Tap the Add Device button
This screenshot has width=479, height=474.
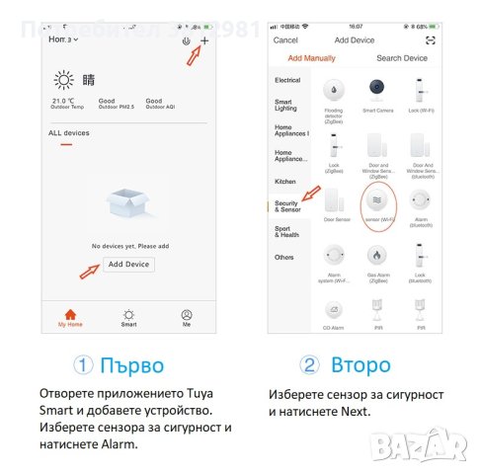pos(128,265)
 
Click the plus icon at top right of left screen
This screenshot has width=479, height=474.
pos(205,40)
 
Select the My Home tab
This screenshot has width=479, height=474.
pos(69,317)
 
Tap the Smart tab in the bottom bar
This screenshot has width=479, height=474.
pos(128,317)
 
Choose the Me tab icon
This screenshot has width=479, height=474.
pos(187,317)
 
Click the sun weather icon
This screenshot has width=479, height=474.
pos(64,81)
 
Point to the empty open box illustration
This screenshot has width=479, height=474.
pos(128,210)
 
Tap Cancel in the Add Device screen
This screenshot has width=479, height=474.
pos(285,40)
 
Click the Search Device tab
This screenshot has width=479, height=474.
pos(401,58)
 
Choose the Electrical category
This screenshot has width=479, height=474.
pos(287,80)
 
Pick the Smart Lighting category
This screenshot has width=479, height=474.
pos(284,106)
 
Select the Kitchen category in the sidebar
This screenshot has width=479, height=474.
pos(285,182)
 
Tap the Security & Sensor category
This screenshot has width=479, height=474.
pos(287,206)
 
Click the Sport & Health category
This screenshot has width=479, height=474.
pos(286,232)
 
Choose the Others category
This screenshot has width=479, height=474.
pos(284,258)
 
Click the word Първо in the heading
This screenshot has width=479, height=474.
pos(131,365)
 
